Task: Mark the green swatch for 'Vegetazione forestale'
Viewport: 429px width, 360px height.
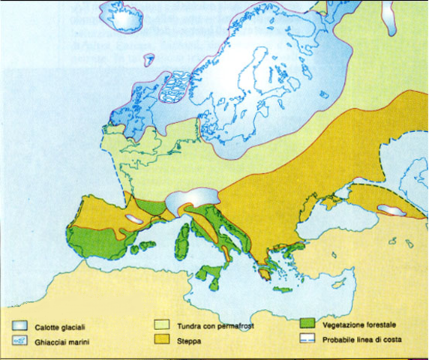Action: coord(306,325)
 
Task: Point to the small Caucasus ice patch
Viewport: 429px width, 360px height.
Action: coord(391,211)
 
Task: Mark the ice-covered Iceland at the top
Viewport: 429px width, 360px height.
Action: coord(123,22)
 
